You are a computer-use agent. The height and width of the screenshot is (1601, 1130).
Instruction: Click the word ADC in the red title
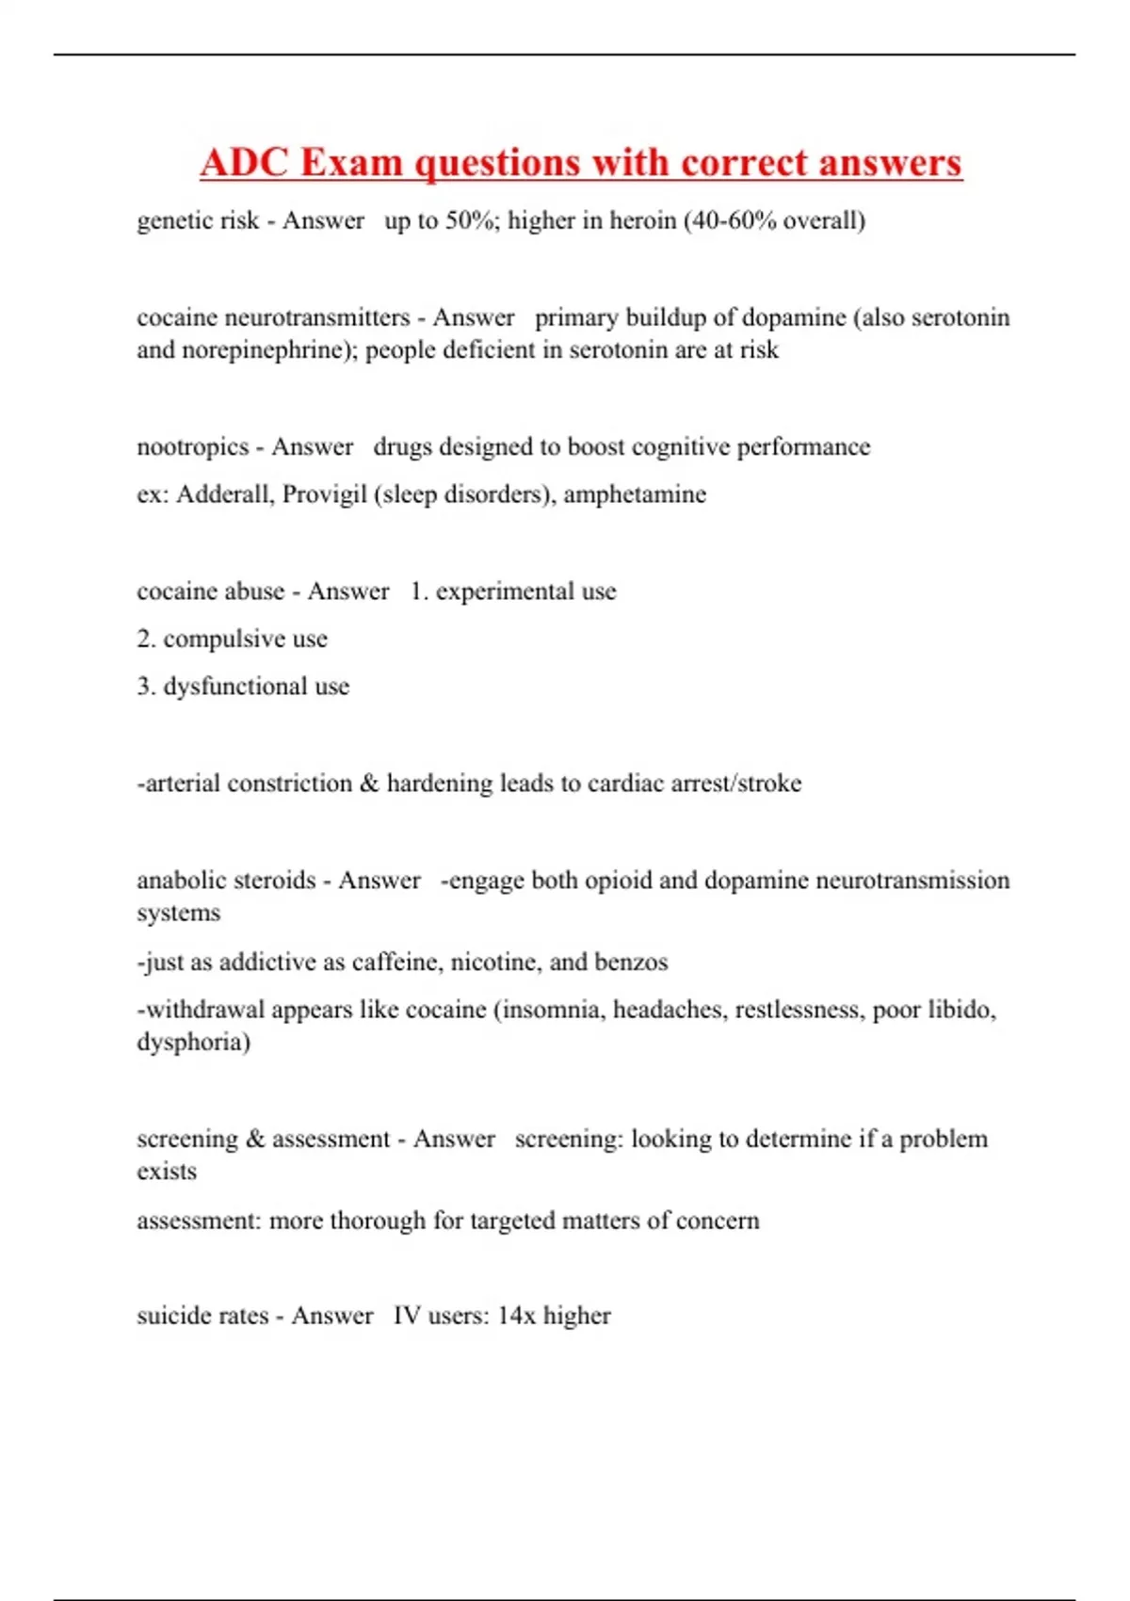pos(245,163)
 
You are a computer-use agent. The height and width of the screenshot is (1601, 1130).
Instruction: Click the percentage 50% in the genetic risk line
pos(472,220)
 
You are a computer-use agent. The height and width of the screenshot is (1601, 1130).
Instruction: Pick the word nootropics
pos(192,446)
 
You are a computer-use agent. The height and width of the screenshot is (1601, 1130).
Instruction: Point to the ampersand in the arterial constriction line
pos(369,784)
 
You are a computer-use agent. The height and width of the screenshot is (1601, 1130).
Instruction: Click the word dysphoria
pos(193,1043)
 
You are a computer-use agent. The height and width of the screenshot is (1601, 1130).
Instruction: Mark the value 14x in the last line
pos(516,1316)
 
